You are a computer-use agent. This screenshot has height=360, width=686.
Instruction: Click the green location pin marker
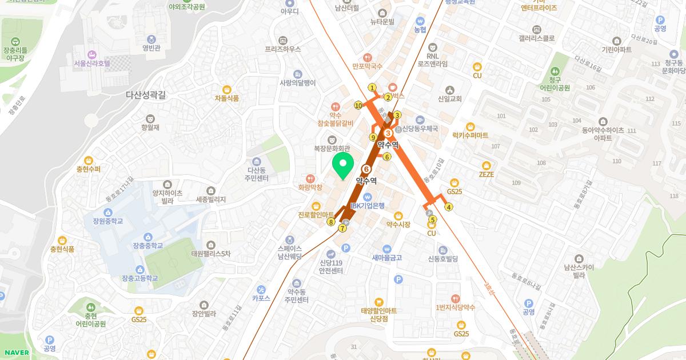coord(342,166)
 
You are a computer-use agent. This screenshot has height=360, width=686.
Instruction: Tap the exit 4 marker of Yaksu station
coord(449,207)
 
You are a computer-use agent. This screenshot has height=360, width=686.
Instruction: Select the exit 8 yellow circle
coord(330,222)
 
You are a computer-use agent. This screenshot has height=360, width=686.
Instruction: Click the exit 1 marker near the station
coord(372,87)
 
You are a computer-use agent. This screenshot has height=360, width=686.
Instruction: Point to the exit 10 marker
coord(358,105)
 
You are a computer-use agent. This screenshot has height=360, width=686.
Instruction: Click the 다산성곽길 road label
coord(146,96)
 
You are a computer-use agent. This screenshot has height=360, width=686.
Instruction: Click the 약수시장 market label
coord(398,225)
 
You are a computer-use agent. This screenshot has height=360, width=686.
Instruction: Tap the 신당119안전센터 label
coord(330,266)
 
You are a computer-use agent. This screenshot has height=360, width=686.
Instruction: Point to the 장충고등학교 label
coord(139,278)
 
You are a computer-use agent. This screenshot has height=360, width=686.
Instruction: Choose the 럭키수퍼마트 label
coord(470,135)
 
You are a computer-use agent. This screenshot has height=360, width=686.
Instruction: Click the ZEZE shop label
coord(486,174)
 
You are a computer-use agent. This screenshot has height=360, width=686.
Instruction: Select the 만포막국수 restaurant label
coord(367,66)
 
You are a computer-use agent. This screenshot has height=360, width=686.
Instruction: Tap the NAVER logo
coord(15,352)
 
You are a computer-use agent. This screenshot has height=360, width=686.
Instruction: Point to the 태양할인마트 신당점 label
coord(378,314)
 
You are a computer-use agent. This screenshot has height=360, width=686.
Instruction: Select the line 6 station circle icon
coord(366,169)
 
